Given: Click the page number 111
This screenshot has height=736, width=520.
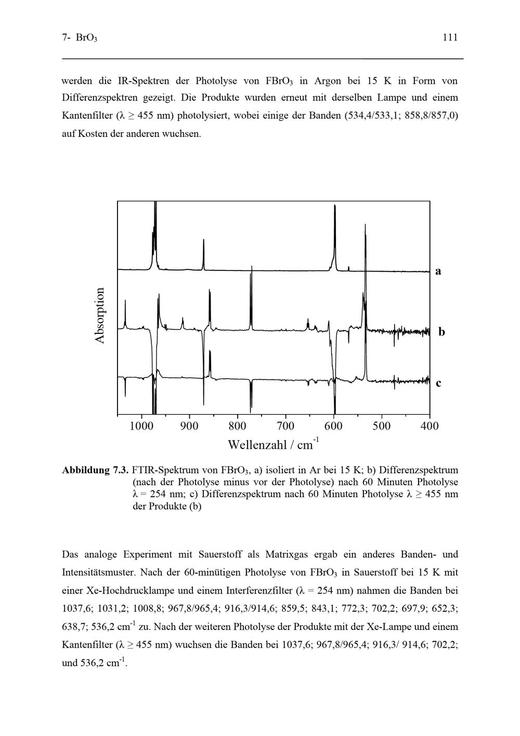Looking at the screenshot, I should tap(450, 37).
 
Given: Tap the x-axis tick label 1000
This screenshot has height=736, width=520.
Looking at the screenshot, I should tap(141, 427).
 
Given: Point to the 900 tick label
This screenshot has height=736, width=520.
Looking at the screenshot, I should tap(189, 427).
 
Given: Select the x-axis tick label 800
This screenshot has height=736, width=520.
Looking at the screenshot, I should tap(237, 427).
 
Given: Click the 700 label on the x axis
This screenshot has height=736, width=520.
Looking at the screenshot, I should tap(285, 427).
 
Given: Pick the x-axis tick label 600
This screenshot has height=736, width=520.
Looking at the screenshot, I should tap(333, 427).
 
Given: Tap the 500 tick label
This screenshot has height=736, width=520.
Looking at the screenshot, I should tap(382, 427).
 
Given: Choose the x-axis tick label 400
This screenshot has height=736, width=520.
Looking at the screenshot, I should tap(430, 427).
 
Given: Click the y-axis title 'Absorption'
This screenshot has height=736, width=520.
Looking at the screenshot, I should tap(100, 315).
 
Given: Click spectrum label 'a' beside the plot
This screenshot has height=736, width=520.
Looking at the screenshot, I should tap(438, 271).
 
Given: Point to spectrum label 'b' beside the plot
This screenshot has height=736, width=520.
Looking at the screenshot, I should tap(441, 331).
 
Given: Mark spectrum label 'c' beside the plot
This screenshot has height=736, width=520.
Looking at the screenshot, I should tap(439, 383).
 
